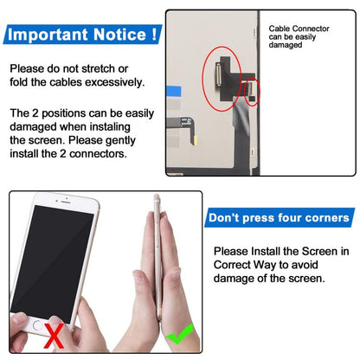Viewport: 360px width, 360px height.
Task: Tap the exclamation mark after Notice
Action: pyautogui.click(x=153, y=35)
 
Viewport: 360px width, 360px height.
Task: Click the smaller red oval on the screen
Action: pyautogui.click(x=252, y=91)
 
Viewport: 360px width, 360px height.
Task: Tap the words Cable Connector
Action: pyautogui.click(x=299, y=29)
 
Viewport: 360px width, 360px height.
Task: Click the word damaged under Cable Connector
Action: pyautogui.click(x=286, y=45)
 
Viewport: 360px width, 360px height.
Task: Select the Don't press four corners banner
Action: pyautogui.click(x=279, y=217)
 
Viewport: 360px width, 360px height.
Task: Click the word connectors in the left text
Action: pyautogui.click(x=118, y=156)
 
